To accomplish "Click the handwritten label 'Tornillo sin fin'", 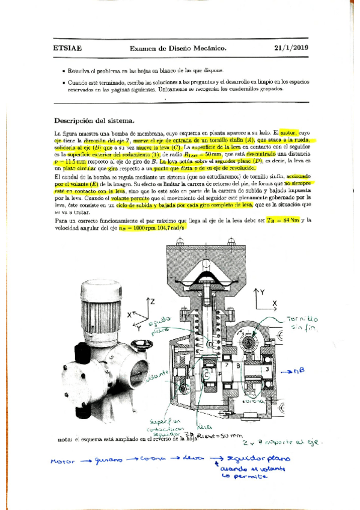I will coord(302,324).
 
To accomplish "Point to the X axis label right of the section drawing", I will coord(275,303).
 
